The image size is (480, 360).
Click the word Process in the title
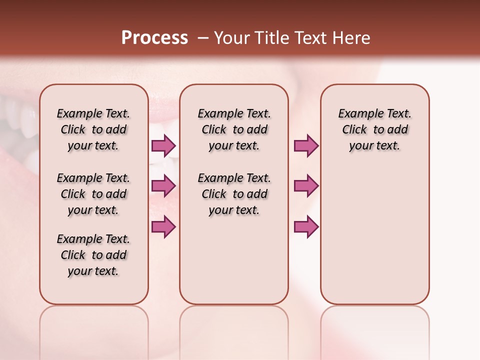(x=154, y=38)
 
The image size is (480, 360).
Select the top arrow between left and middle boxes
(x=163, y=145)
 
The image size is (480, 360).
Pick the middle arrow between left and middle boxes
(x=163, y=186)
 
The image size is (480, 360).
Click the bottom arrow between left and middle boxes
(x=163, y=226)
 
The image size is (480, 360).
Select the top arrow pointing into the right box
(x=306, y=145)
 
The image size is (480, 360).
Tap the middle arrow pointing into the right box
(x=306, y=186)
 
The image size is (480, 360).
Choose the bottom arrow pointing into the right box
(x=306, y=226)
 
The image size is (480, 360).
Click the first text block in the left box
(x=93, y=129)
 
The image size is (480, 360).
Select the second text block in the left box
(x=93, y=194)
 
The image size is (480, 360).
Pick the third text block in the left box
(x=93, y=255)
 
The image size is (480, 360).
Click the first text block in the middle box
(x=234, y=129)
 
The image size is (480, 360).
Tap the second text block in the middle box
(x=234, y=194)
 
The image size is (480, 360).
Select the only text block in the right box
(x=375, y=129)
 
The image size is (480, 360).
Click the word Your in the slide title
(x=233, y=38)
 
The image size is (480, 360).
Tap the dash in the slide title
(x=203, y=38)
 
